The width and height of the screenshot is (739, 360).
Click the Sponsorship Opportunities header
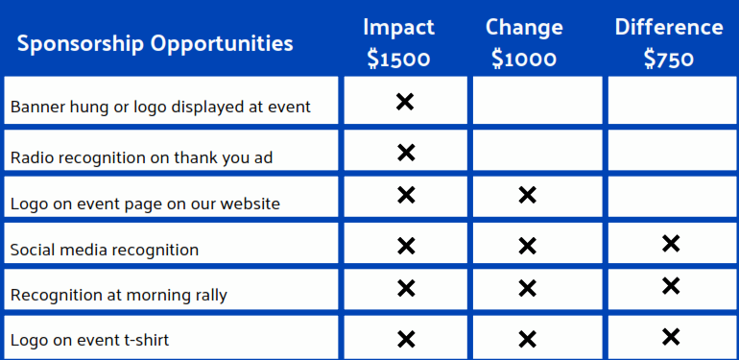tap(155, 44)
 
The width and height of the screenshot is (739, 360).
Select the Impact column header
tap(399, 27)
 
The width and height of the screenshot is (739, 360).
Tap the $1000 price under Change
tap(524, 60)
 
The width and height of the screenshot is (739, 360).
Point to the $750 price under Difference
tap(669, 60)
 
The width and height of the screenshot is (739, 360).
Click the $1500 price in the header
tap(399, 60)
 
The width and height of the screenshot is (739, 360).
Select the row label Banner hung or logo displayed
tap(160, 107)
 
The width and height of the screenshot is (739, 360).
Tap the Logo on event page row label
tap(145, 204)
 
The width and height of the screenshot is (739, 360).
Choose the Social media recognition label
tap(105, 250)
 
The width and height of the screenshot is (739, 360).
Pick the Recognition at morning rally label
tap(119, 295)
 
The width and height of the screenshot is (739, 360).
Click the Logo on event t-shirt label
tap(105, 340)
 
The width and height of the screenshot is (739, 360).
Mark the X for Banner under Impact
tap(405, 101)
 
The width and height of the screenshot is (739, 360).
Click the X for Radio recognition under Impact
tap(406, 152)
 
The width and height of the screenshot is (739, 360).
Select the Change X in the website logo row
tap(527, 196)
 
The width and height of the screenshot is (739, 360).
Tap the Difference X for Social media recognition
tap(671, 244)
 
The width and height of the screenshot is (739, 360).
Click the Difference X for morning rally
tap(671, 286)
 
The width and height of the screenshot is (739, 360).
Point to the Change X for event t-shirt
tap(527, 338)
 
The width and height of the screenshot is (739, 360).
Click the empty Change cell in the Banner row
tap(537, 101)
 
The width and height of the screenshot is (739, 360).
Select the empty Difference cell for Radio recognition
tap(671, 151)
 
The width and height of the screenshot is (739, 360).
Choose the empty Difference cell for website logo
tap(671, 197)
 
